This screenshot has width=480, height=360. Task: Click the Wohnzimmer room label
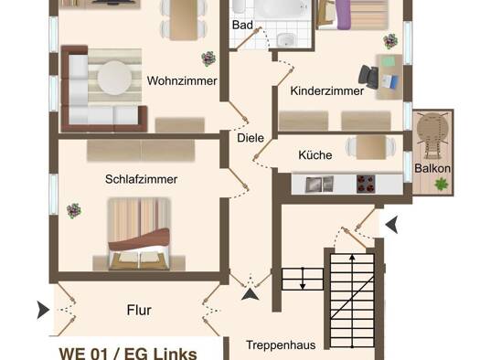182,81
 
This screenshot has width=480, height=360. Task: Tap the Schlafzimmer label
141,179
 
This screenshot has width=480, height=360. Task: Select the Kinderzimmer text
327,90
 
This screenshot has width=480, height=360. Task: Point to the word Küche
315,155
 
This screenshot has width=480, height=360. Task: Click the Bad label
242,25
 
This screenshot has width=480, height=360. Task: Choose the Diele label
251,138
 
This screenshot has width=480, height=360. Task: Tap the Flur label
139,310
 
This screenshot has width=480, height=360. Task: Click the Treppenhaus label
281,345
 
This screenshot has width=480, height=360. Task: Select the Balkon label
432,168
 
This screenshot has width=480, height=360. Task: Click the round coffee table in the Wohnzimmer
114,78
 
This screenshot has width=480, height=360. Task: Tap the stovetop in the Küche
366,184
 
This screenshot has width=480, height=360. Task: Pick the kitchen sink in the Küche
320,185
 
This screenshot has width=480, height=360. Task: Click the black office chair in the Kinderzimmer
368,77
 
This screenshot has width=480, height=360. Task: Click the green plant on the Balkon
441,185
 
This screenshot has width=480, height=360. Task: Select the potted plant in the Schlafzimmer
74,211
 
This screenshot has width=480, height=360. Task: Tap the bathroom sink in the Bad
286,40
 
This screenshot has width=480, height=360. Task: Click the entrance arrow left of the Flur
43,310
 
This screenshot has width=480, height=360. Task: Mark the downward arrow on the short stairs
303,279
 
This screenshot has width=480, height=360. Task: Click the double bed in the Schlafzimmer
139,234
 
